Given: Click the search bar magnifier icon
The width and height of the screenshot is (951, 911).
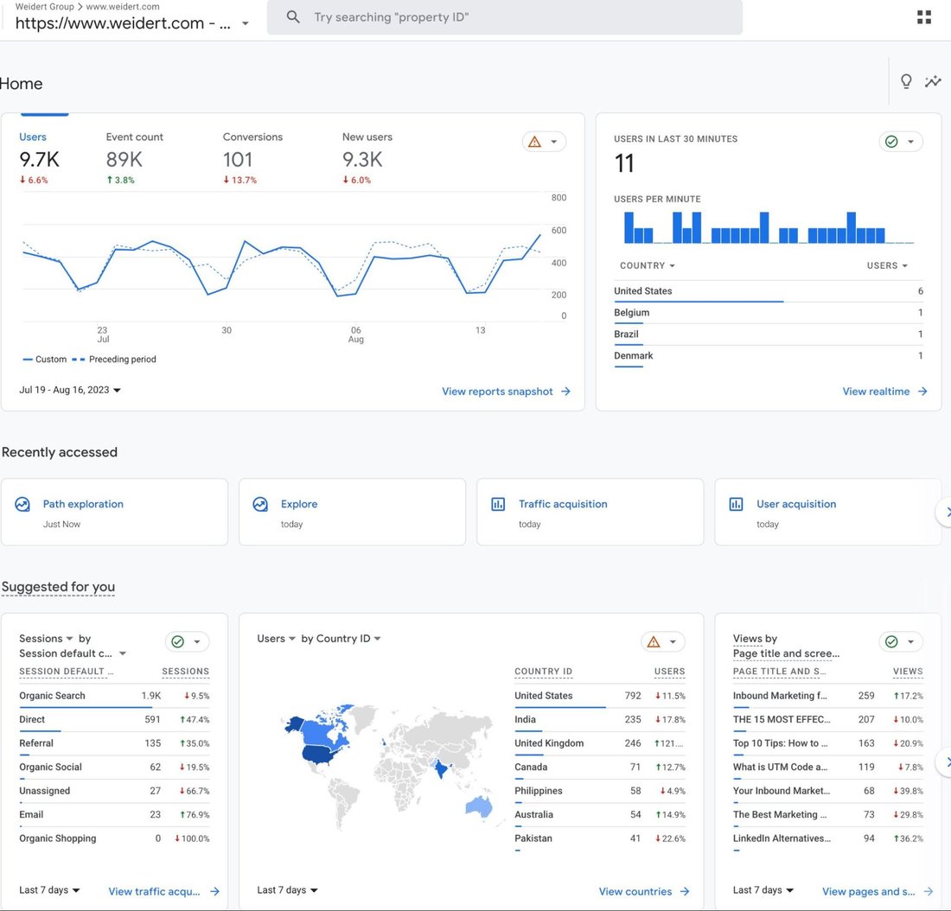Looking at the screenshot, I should [293, 17].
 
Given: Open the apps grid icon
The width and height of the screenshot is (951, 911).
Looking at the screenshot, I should [924, 17].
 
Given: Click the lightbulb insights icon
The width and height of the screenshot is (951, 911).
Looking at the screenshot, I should [906, 81].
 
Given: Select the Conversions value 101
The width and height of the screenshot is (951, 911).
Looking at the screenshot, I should [238, 160].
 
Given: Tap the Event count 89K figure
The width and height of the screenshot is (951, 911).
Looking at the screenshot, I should [124, 160].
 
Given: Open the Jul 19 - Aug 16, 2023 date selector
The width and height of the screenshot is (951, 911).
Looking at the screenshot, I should [70, 390].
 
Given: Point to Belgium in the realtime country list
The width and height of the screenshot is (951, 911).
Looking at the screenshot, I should [632, 313].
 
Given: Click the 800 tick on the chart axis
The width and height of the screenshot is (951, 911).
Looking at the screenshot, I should [558, 198].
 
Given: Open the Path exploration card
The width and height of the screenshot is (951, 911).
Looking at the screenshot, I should [83, 504].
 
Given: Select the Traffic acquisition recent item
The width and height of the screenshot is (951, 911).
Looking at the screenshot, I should [563, 504].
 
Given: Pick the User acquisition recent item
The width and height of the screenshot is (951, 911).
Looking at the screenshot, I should [796, 504].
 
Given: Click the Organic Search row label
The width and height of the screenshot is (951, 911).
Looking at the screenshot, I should [52, 696].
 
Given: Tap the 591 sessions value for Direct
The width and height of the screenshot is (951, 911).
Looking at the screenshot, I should [152, 719].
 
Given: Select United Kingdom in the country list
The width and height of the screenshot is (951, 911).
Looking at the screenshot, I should [549, 743].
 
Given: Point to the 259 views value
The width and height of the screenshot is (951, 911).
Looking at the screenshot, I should [866, 696].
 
